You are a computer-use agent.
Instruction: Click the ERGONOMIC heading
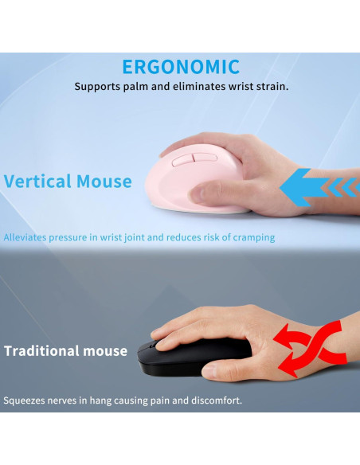pos(181,67)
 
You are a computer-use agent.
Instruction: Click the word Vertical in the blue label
pos(37,182)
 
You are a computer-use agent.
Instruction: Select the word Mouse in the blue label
pos(104,182)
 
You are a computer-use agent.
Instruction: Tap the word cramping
pos(252,237)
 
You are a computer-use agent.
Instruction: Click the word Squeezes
pos(25,401)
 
